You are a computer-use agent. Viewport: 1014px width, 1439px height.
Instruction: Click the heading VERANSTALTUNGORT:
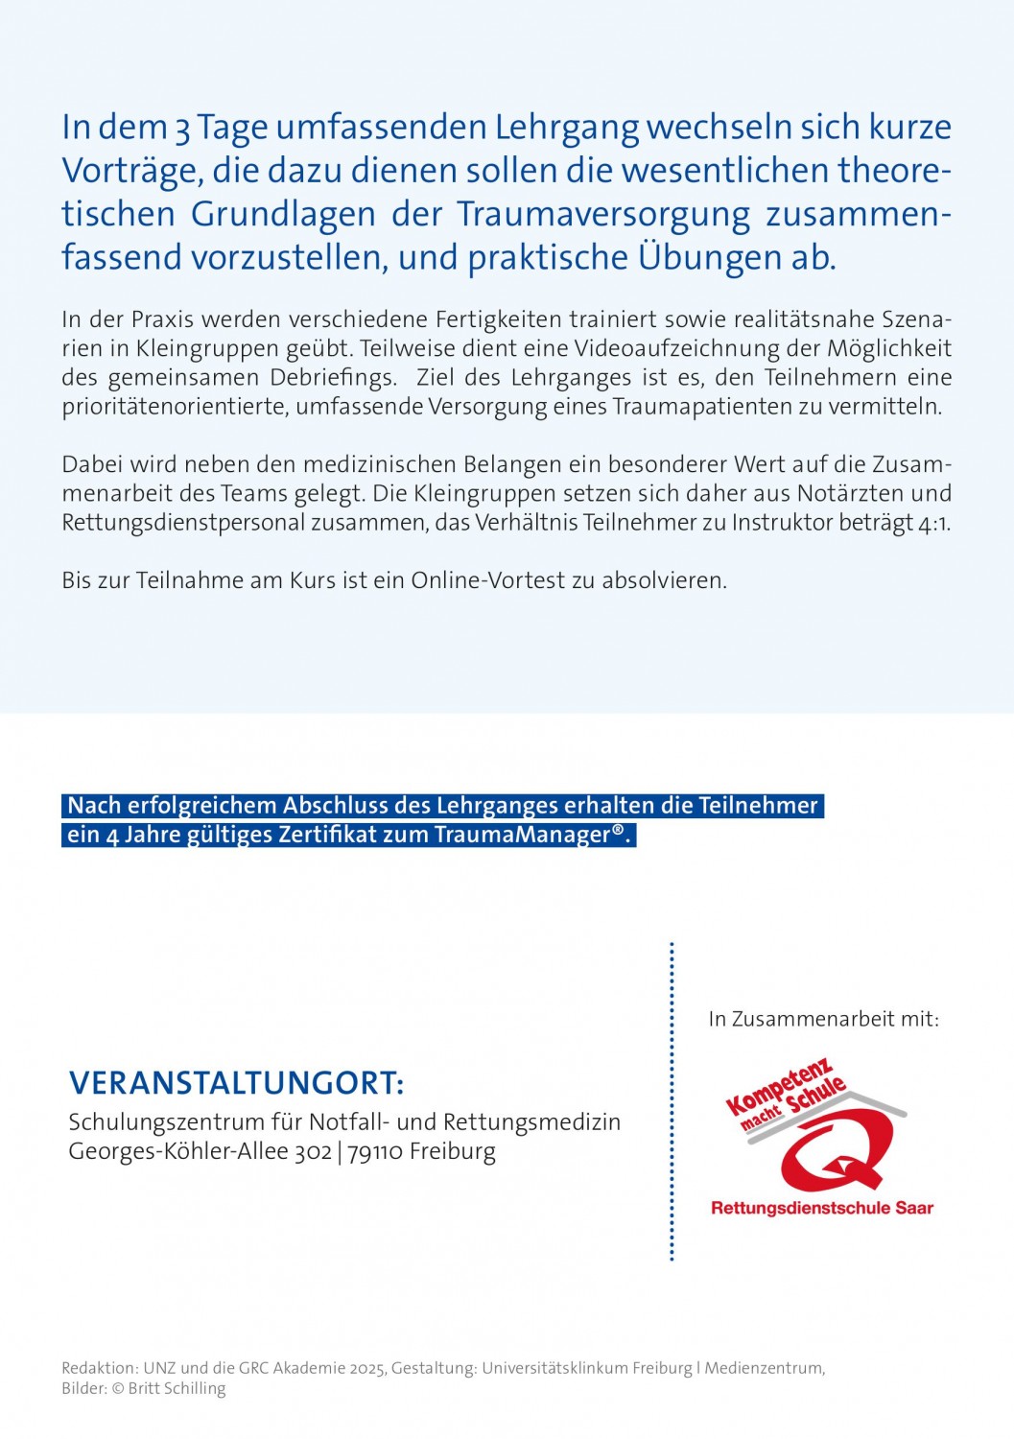point(236,1083)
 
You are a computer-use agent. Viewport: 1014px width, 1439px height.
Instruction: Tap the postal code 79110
point(375,1151)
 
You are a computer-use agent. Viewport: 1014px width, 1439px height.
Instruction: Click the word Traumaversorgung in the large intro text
point(603,214)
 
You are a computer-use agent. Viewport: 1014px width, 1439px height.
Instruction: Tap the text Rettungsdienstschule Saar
point(822,1208)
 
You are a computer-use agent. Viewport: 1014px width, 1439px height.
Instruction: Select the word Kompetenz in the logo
point(778,1088)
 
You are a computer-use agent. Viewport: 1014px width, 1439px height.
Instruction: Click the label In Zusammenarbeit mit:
point(823,1019)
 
